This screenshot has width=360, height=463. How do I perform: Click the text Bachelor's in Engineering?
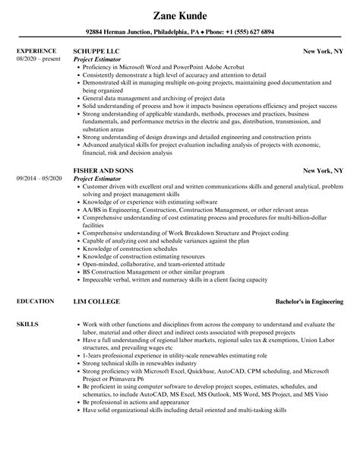tap(307, 280)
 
